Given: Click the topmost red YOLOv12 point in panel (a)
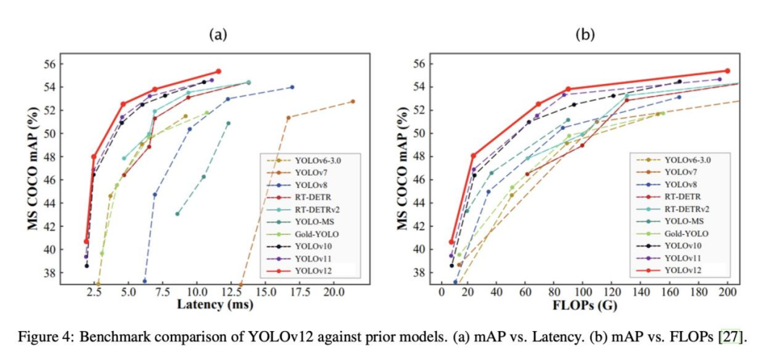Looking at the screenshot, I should pyautogui.click(x=218, y=72).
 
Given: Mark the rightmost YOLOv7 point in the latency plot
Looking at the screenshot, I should pyautogui.click(x=353, y=101).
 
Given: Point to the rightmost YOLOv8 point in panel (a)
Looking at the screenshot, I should pyautogui.click(x=292, y=87).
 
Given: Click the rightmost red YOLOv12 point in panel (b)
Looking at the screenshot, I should pyautogui.click(x=727, y=71).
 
